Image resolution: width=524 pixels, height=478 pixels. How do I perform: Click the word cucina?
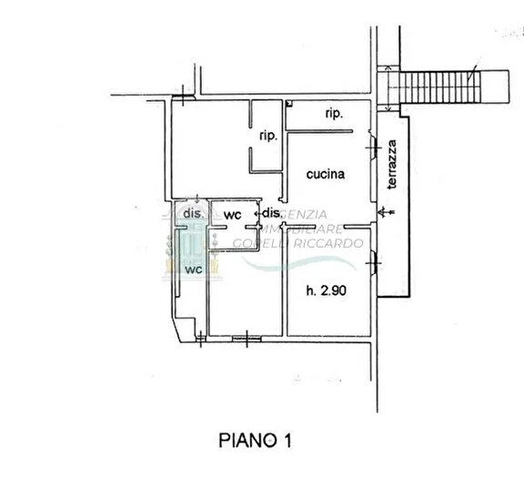click(324, 176)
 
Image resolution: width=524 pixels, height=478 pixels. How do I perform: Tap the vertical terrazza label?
click(391, 165)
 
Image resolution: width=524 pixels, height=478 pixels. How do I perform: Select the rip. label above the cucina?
click(333, 115)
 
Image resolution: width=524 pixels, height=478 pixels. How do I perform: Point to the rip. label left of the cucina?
click(267, 136)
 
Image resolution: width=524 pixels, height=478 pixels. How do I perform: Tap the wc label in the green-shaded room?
click(192, 270)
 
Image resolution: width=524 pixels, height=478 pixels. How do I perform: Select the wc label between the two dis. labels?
click(232, 215)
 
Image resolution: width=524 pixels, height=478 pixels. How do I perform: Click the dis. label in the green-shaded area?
click(192, 212)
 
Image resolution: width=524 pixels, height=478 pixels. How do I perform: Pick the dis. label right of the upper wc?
click(271, 214)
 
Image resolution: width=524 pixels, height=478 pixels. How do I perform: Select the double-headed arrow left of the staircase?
click(388, 86)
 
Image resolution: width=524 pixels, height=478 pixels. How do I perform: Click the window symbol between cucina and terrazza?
click(374, 146)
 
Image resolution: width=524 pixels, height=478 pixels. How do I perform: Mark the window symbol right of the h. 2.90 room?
click(374, 263)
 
